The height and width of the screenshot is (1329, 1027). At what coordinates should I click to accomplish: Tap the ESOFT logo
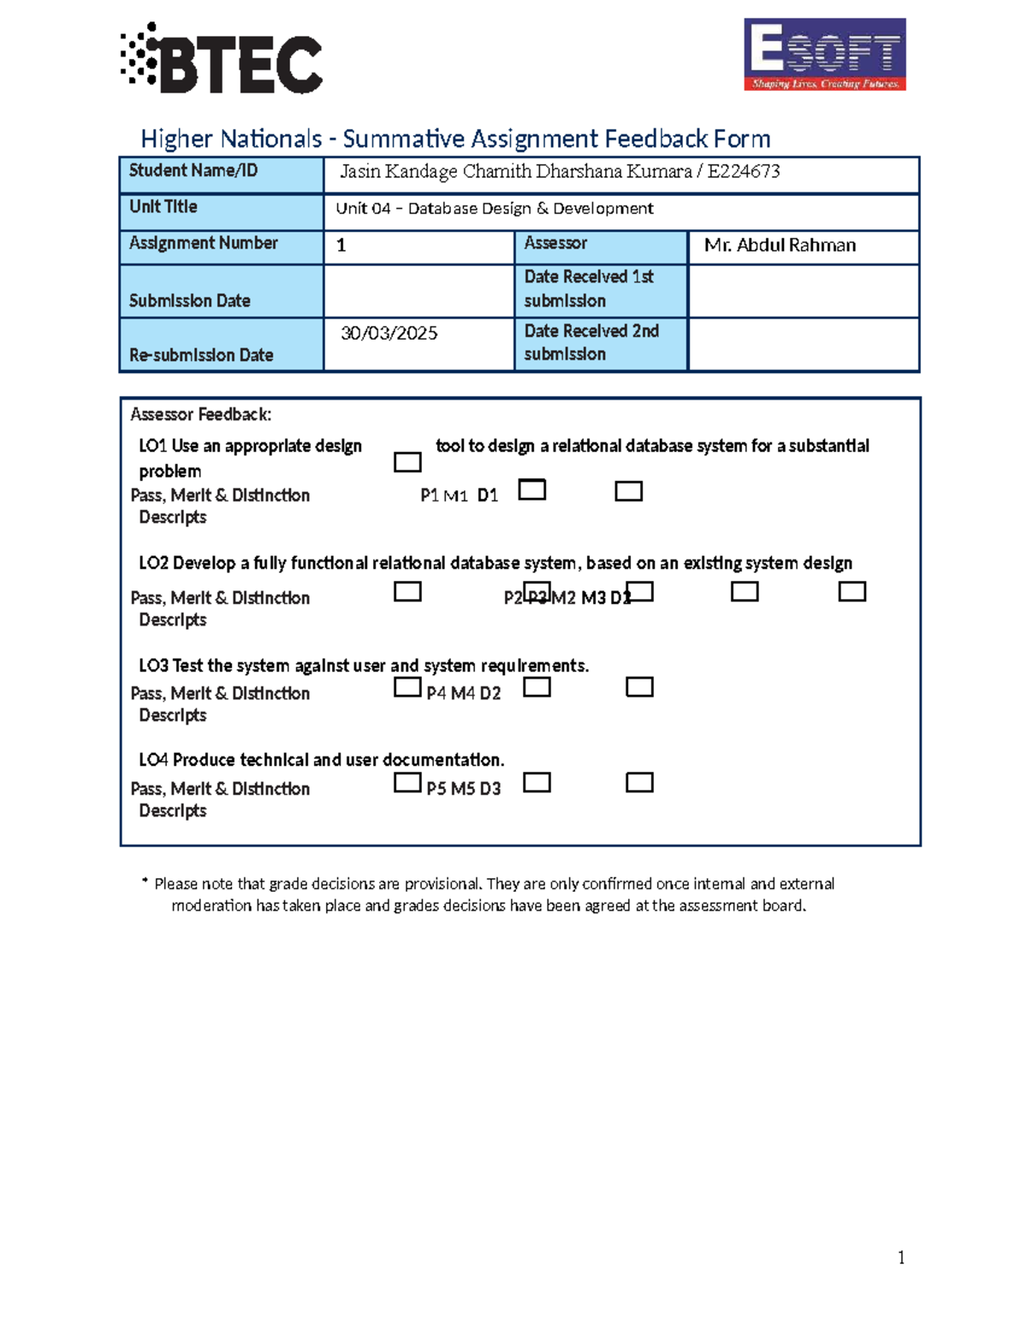(x=824, y=54)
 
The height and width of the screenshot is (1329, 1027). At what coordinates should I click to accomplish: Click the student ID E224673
(x=743, y=171)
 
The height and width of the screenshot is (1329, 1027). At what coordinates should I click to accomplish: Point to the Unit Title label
(x=163, y=207)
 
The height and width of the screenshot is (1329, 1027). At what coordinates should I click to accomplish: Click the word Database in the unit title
(x=442, y=209)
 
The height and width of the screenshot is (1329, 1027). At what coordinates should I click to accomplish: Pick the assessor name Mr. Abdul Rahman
(x=780, y=246)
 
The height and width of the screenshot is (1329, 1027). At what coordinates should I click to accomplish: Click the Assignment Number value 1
(x=341, y=246)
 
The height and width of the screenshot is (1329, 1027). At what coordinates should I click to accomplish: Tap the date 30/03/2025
(x=389, y=333)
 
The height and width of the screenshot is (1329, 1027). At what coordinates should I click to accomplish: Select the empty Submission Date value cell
(x=419, y=291)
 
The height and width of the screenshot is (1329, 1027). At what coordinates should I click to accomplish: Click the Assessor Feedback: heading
(x=200, y=415)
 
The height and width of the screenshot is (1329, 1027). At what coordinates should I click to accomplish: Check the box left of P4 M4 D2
(x=407, y=687)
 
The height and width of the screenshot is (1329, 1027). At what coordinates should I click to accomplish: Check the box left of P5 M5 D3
(x=407, y=782)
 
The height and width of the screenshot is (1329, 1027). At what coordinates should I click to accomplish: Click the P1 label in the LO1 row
(x=430, y=495)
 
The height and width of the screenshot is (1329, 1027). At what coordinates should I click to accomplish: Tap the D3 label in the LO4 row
(x=490, y=789)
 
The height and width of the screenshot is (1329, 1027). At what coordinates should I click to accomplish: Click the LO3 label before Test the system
(x=153, y=666)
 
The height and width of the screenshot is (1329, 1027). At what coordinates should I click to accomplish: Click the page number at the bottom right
(x=901, y=1257)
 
